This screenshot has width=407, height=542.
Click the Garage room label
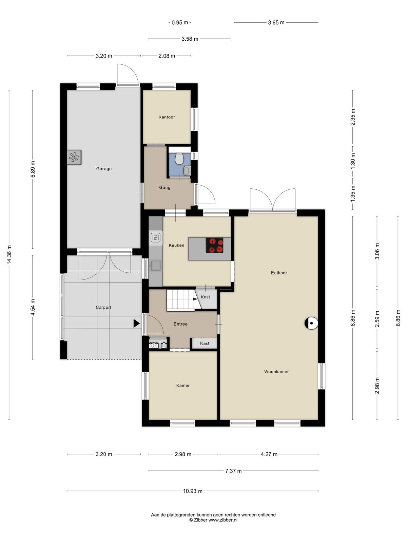(104, 169)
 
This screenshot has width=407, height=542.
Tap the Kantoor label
(167, 117)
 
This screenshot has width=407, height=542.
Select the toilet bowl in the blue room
(179, 158)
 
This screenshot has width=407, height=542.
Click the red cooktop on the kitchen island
(214, 245)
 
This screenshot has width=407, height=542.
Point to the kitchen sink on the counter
(156, 266)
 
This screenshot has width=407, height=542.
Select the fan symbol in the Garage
(74, 157)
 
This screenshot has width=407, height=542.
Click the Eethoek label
(279, 273)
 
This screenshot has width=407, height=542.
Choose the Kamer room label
(183, 385)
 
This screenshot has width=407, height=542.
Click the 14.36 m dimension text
(9, 255)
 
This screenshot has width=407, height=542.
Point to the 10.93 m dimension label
(193, 491)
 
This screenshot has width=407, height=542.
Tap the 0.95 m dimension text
(180, 22)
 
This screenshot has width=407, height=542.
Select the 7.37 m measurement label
(233, 471)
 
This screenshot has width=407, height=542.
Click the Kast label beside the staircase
(205, 297)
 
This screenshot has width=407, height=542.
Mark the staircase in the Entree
(183, 299)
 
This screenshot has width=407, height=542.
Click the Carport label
(103, 308)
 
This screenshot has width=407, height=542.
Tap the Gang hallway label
(164, 187)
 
